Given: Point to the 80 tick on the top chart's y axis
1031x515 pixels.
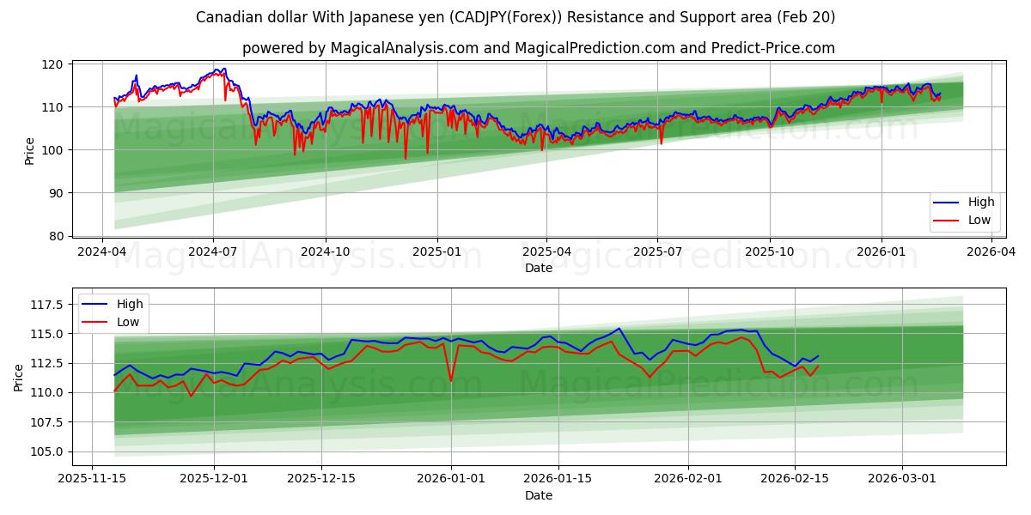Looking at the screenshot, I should [x=56, y=236].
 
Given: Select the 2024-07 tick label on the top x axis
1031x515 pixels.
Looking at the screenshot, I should [x=213, y=251].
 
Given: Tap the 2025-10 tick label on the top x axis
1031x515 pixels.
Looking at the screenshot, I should [x=769, y=251].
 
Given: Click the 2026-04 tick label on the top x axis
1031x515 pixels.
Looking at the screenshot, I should [x=991, y=251].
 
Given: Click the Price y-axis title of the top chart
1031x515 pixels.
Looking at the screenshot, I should [x=30, y=150].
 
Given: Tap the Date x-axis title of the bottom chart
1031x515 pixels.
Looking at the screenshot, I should [x=539, y=496].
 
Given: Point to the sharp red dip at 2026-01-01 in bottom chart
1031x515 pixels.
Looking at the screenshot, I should [x=451, y=380].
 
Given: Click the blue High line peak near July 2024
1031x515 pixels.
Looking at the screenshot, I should [x=224, y=69].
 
